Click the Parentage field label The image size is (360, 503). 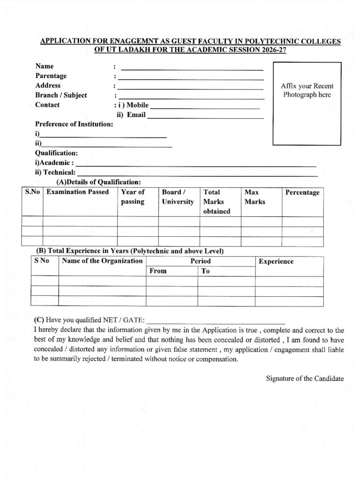pos(51,76)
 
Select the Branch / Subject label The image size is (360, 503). pos(61,95)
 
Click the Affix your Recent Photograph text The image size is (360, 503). pos(307,90)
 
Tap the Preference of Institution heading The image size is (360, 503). pos(74,124)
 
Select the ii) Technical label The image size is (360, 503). pos(55,172)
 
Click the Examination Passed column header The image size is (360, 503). pos(77,192)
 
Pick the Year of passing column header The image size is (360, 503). pos(133,197)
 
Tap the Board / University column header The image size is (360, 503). pos(178,197)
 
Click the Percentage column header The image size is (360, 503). pos(302,193)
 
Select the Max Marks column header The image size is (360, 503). pos(254,197)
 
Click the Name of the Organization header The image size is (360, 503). pos(103,261)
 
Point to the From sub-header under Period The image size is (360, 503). pos(158,271)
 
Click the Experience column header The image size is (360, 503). pos(276,261)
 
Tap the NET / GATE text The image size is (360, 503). pos(124,320)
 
